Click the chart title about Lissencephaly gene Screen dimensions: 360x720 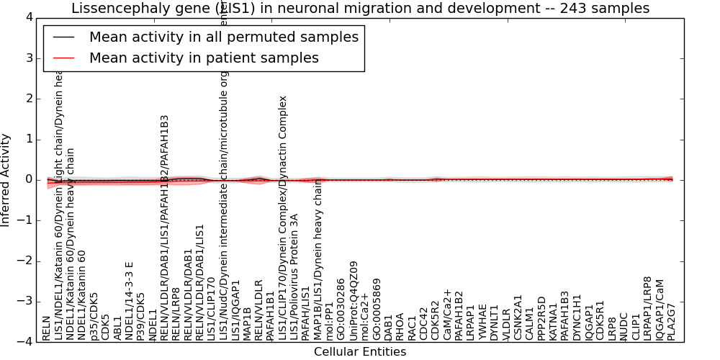tap(360, 9)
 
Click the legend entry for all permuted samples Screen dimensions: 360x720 tap(223, 37)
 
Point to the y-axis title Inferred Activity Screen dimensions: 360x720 tap(6, 180)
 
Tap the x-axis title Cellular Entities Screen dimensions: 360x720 tap(360, 352)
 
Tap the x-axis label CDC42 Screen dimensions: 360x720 tap(424, 325)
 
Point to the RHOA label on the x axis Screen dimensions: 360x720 tap(400, 326)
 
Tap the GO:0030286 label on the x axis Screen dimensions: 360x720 tap(341, 315)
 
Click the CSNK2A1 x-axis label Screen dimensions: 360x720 tap(518, 320)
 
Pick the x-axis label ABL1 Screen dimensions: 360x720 tap(117, 328)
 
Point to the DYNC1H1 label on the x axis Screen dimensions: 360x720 tap(577, 320)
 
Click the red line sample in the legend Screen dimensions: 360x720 tap(64, 58)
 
